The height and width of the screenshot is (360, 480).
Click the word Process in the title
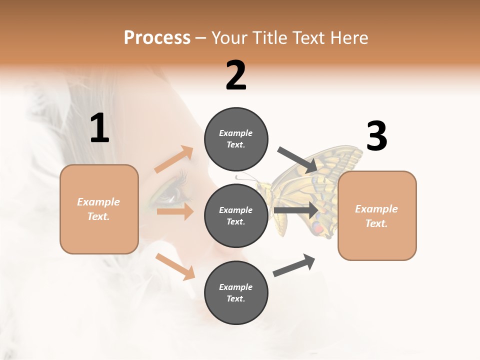[157, 38]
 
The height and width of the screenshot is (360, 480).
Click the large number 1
[99, 128]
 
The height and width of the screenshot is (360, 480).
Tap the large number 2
[236, 75]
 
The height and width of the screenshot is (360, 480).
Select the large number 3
[376, 136]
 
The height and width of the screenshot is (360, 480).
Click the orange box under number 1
[99, 209]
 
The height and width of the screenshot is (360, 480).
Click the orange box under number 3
[377, 216]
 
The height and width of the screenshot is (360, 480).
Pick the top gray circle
[236, 139]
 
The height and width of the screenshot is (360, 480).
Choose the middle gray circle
[236, 215]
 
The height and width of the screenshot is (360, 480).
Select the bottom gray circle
[236, 292]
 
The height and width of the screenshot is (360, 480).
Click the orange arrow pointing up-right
[174, 159]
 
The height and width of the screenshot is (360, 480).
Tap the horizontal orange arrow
[175, 211]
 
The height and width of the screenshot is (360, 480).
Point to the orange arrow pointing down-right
[175, 266]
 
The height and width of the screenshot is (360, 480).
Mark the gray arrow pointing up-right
[294, 265]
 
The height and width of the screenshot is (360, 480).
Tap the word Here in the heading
[349, 38]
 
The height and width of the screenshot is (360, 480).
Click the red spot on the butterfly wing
[317, 228]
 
